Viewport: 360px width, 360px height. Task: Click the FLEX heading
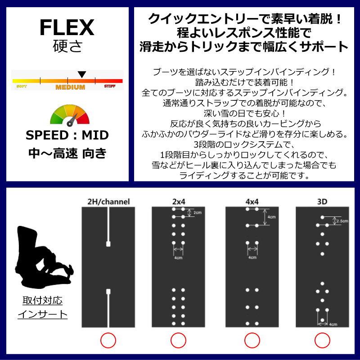(67, 28)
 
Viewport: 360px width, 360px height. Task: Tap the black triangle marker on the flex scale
(81, 74)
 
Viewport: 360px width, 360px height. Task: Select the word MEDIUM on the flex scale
(70, 87)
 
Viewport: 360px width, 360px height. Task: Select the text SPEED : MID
(67, 135)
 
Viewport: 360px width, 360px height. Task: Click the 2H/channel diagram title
(108, 202)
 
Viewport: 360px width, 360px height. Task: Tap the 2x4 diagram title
(178, 202)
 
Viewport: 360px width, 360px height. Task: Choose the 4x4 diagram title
(252, 202)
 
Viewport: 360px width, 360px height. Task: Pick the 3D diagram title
(322, 202)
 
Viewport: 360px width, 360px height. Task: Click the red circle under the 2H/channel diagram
(108, 340)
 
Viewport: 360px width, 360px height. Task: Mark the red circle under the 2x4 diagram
(179, 340)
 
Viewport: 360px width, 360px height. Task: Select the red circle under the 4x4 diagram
(252, 340)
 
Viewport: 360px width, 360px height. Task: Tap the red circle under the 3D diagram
(322, 340)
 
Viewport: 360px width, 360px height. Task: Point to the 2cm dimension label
(197, 212)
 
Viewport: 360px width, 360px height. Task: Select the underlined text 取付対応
(43, 300)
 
